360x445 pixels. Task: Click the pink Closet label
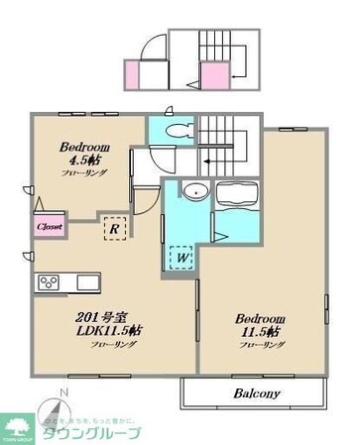pyautogui.click(x=50, y=225)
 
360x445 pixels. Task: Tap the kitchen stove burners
pyautogui.click(x=50, y=282)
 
